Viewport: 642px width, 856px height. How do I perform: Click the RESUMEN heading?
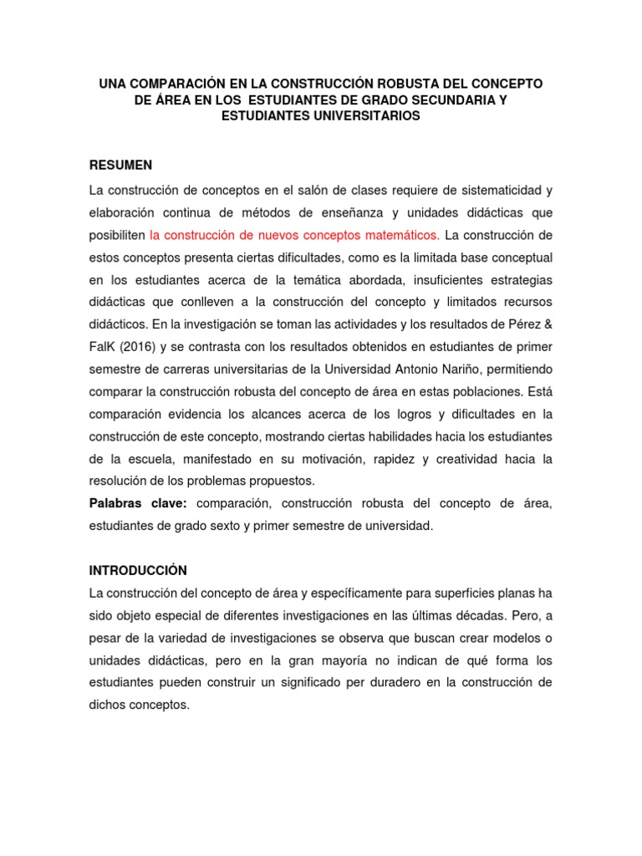[x=120, y=165]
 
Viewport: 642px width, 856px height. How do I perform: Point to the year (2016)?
[x=132, y=346]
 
